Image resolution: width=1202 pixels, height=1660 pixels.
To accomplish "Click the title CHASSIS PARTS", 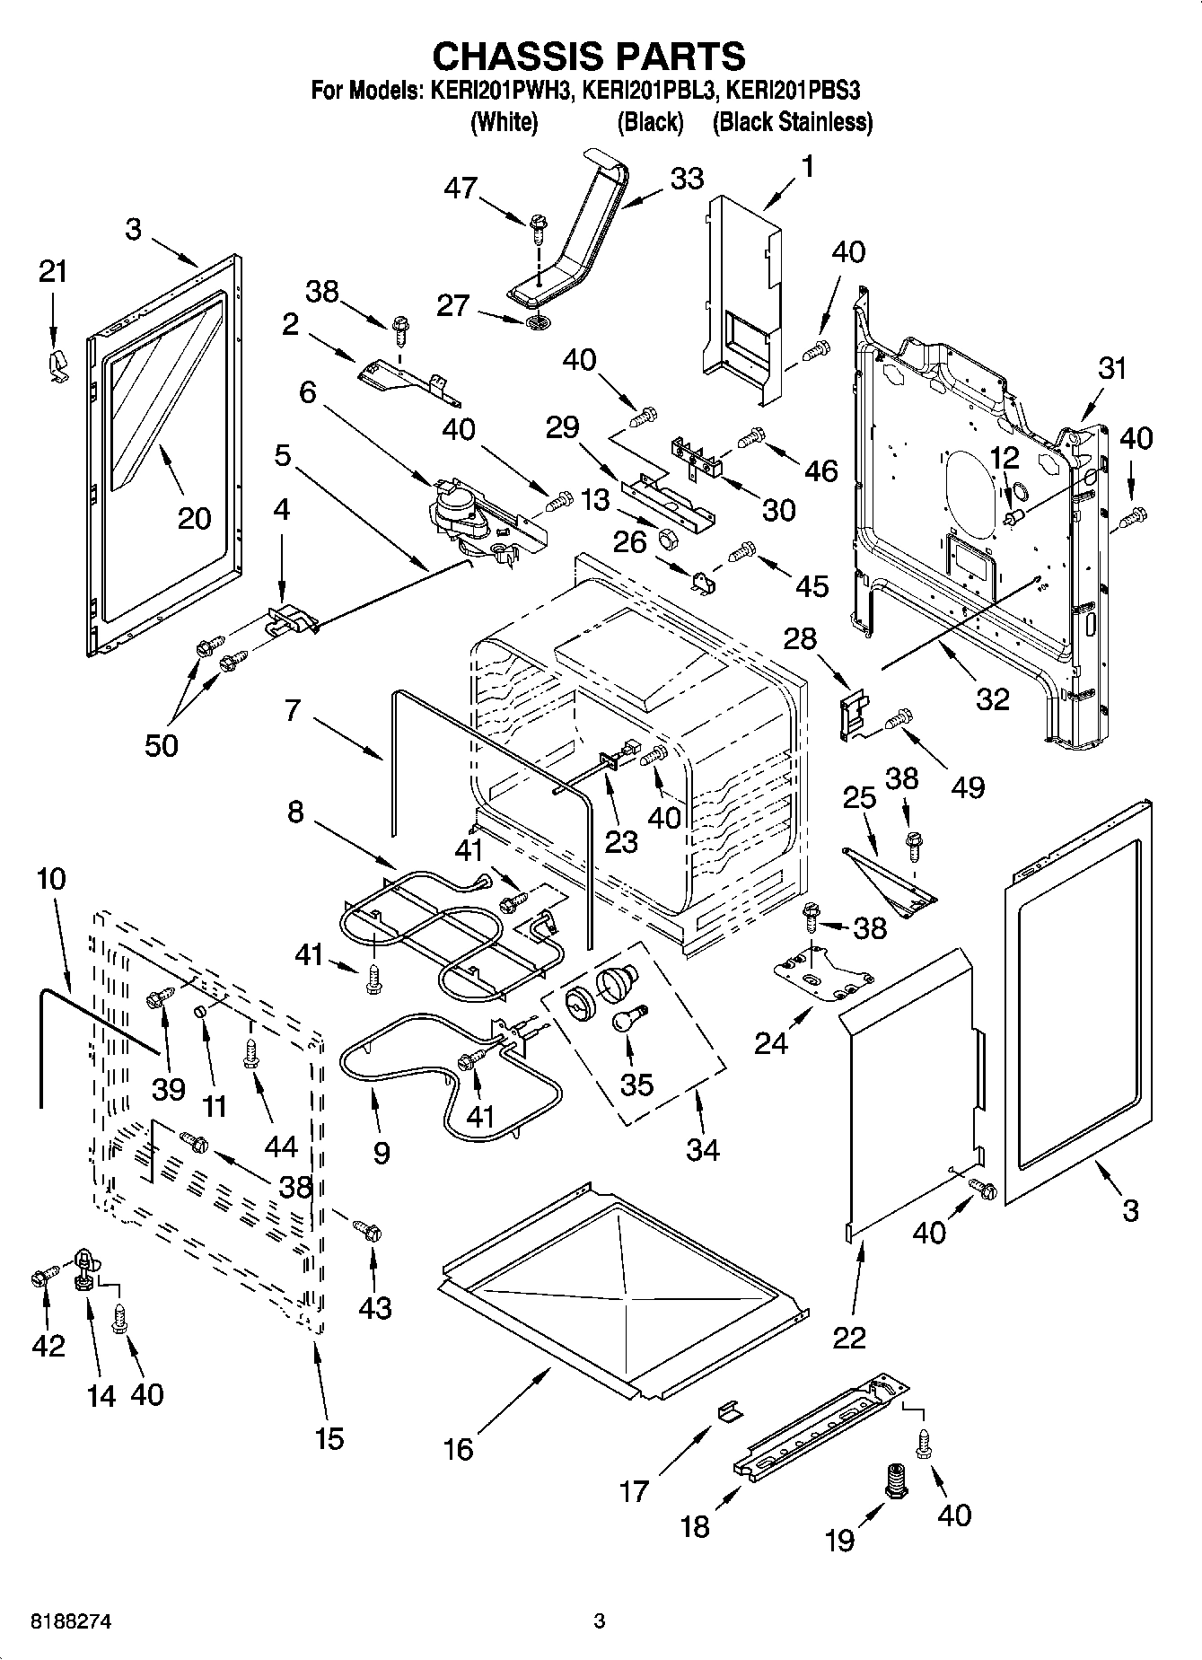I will [x=589, y=56].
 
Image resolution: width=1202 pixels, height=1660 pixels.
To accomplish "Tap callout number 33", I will [x=687, y=179].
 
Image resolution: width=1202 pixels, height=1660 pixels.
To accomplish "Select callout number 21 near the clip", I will [x=53, y=271].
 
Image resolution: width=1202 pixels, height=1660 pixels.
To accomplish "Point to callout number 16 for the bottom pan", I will [x=459, y=1448].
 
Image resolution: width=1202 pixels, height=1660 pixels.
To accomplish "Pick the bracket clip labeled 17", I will [x=730, y=1411].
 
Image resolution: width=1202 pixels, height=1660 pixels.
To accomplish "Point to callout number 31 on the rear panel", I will [x=1111, y=368].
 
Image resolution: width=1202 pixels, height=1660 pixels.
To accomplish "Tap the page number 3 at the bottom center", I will [x=600, y=1621].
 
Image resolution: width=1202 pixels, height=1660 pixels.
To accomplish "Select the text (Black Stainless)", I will [x=792, y=122].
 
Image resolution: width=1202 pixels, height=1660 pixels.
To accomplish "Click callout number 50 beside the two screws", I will [x=163, y=744].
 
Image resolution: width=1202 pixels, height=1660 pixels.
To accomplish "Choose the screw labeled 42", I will [x=40, y=1276].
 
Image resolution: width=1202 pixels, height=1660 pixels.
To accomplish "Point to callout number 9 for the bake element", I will [x=382, y=1152].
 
